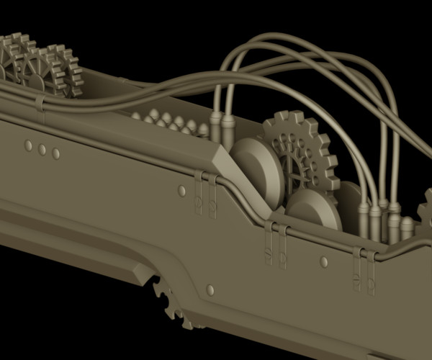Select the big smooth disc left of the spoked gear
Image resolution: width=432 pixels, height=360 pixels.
[256, 173]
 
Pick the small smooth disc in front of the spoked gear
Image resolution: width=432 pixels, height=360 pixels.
[313, 209]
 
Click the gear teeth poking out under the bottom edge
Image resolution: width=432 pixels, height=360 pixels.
[171, 302]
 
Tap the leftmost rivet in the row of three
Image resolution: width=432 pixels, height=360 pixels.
[28, 145]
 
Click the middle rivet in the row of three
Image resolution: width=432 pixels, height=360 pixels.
[42, 150]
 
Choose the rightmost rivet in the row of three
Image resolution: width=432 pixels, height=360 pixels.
[55, 153]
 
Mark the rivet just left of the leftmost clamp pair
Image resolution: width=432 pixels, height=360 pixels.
[181, 191]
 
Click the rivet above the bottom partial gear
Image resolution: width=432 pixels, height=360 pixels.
[210, 289]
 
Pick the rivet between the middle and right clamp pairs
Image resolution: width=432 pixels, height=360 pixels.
[324, 262]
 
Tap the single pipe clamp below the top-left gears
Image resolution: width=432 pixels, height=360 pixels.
[40, 108]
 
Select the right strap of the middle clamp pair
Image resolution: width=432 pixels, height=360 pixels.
[283, 247]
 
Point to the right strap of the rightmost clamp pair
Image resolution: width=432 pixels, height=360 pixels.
[371, 272]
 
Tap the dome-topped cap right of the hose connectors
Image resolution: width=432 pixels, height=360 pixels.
[407, 228]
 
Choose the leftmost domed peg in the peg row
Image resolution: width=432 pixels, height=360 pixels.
[137, 114]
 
